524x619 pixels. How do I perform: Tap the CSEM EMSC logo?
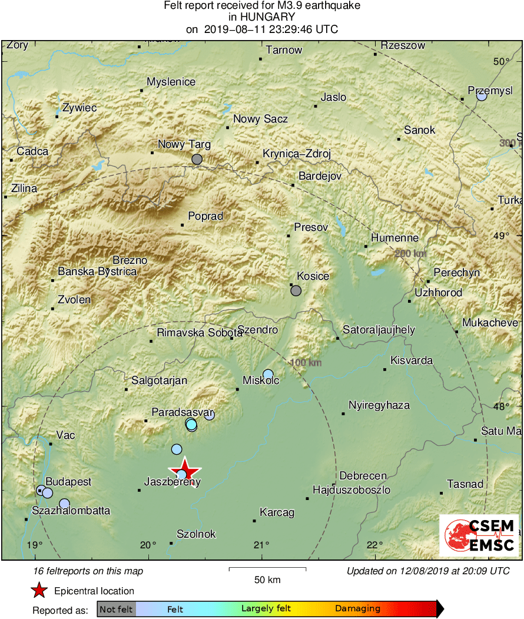[x=479, y=535]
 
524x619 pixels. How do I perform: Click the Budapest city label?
[x=68, y=482]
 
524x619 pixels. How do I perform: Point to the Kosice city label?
[x=313, y=276]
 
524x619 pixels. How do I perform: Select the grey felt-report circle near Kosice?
[x=296, y=290]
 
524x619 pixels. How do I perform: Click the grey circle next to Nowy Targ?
[x=197, y=159]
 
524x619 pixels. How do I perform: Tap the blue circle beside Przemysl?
[x=482, y=95]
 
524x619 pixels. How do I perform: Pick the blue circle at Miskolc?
[x=268, y=374]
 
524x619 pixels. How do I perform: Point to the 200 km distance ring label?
[x=410, y=253]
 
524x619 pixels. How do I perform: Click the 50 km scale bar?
[x=267, y=569]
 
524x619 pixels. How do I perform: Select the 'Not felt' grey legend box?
[x=116, y=609]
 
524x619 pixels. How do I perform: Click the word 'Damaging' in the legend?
[x=358, y=609]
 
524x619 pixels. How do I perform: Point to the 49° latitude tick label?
[x=502, y=236]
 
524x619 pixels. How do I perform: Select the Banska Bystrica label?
[x=97, y=272]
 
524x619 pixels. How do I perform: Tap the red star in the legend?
[x=39, y=590]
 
